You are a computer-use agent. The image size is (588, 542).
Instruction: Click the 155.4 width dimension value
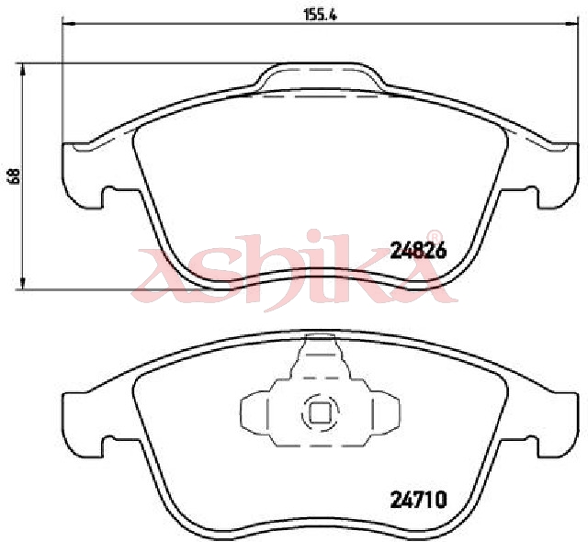tap(321, 15)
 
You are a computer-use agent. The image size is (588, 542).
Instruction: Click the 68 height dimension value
tap(15, 176)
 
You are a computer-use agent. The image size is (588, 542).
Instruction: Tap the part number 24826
tap(418, 250)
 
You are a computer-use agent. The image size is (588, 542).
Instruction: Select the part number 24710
tap(419, 499)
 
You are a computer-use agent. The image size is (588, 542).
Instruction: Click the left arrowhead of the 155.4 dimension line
tap(67, 24)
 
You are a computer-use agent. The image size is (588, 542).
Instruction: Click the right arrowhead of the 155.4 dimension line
tap(570, 24)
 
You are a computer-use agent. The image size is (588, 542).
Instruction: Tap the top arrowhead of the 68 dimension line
tap(23, 68)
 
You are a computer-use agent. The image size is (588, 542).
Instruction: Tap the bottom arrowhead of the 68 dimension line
tap(23, 283)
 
